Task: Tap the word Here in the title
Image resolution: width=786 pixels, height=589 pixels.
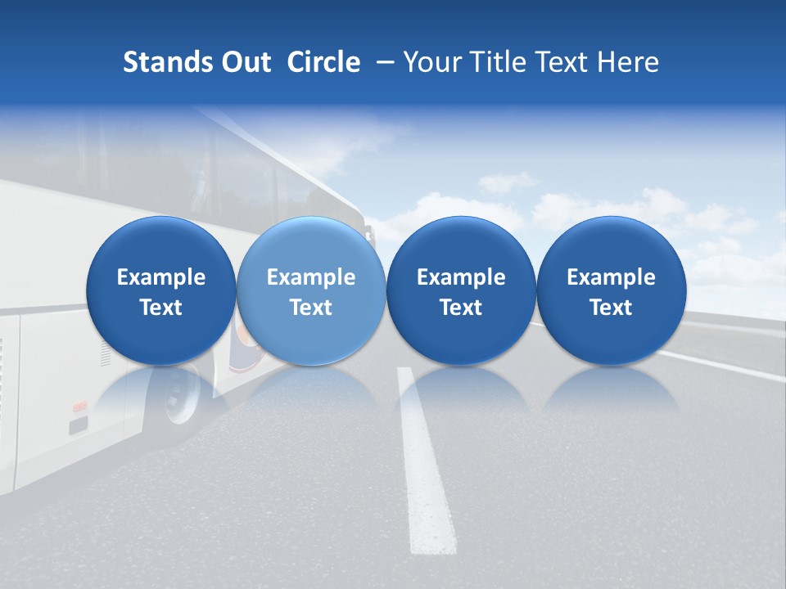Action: pos(629,62)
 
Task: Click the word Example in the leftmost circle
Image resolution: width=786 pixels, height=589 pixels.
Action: pos(160,277)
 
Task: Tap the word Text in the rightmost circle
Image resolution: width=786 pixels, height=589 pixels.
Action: pos(611,308)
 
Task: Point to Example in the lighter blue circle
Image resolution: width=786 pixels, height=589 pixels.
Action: pos(311,277)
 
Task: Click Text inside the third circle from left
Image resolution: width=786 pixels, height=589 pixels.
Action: pos(461,308)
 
